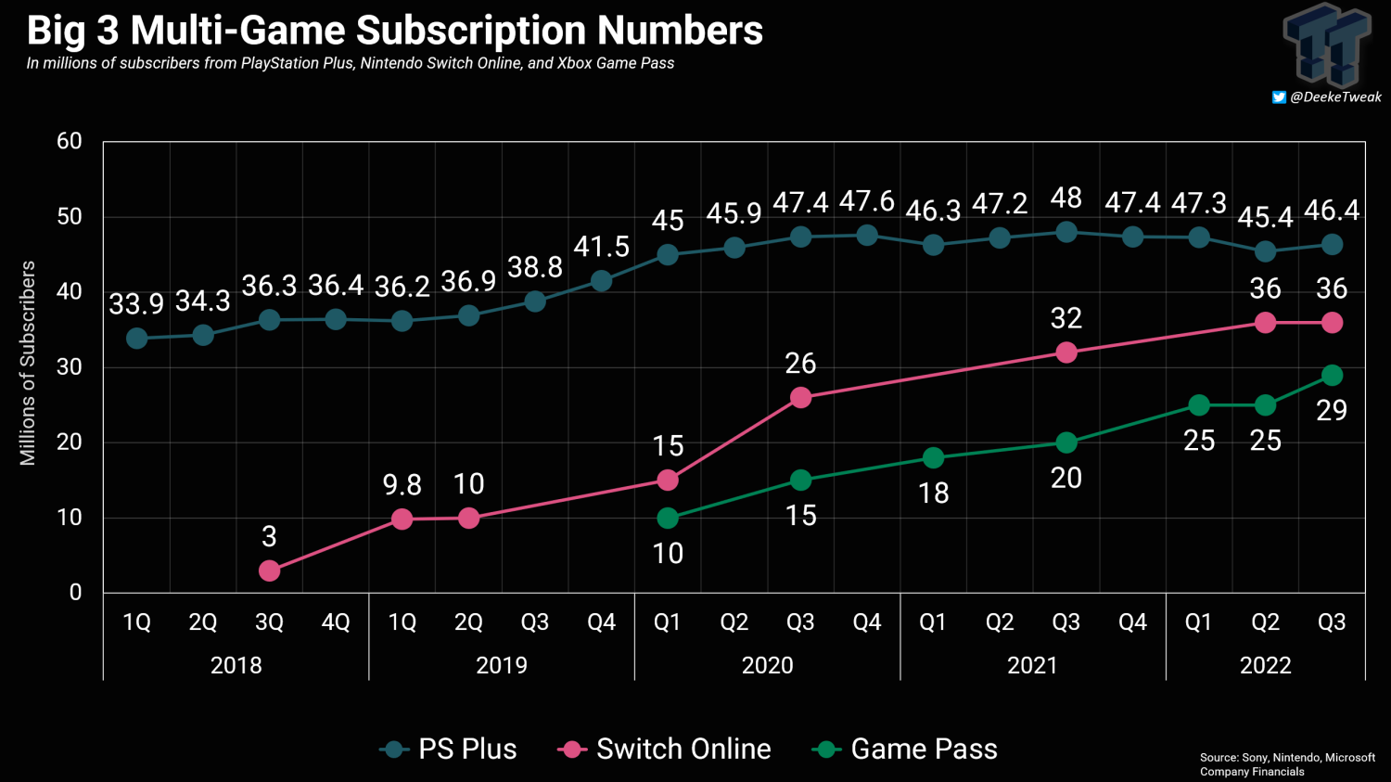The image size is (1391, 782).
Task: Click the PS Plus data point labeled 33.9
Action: [x=137, y=339]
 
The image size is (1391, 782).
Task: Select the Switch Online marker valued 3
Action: [x=269, y=570]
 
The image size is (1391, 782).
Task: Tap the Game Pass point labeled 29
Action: [x=1332, y=375]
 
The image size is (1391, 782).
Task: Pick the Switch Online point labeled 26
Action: [x=800, y=397]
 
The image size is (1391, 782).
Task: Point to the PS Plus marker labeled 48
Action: [x=1066, y=232]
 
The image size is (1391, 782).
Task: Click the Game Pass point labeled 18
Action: [x=933, y=458]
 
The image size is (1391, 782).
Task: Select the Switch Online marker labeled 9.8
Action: [x=402, y=519]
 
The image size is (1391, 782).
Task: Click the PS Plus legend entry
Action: [x=449, y=749]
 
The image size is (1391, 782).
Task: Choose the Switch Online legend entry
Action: [x=665, y=749]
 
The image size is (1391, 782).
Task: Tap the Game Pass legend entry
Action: [x=905, y=749]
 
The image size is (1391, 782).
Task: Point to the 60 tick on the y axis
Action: [x=70, y=141]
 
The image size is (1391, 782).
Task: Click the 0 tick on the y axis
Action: [x=75, y=592]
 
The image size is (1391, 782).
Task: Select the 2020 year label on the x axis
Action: [x=767, y=665]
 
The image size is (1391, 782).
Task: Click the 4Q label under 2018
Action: [x=336, y=622]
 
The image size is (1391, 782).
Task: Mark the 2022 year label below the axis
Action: [x=1265, y=665]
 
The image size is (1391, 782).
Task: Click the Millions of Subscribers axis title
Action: [x=28, y=363]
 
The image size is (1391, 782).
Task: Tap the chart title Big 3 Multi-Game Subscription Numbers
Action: [x=395, y=30]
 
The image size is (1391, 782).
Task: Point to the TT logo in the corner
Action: [x=1327, y=44]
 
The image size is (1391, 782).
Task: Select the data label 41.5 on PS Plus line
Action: [x=601, y=247]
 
